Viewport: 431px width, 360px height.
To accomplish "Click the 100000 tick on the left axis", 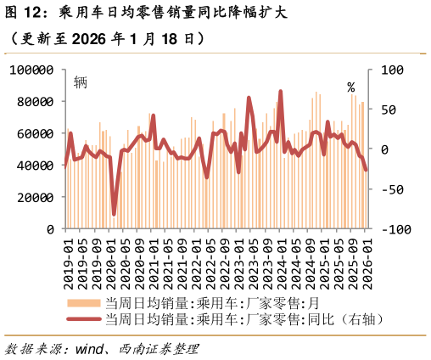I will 31,70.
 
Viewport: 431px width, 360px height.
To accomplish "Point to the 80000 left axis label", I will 36,102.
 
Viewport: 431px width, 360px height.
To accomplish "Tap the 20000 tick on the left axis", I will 36,197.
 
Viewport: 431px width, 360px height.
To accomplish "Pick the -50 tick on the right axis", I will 395,189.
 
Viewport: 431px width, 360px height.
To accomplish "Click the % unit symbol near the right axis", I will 352,87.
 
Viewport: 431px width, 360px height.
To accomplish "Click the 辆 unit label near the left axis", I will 81,82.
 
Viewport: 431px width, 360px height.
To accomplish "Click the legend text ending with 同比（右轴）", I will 246,319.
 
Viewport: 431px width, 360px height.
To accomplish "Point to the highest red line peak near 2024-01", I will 280,92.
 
